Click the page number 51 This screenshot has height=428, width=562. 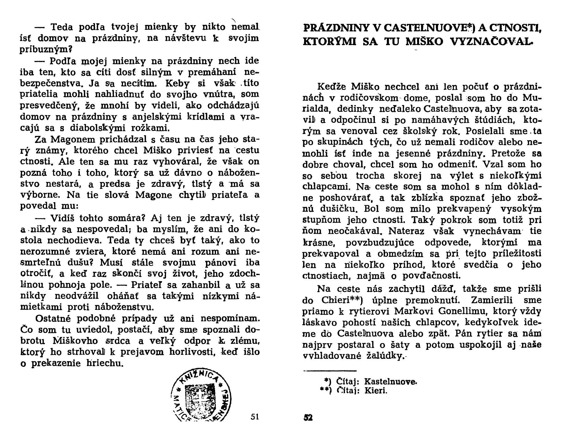255,417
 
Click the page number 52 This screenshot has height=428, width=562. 308,418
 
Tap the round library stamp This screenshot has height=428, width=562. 201,397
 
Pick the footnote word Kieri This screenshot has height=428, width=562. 376,391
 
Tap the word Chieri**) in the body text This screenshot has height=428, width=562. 342,300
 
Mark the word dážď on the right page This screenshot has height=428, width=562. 440,289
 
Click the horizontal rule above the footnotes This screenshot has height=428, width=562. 330,371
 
